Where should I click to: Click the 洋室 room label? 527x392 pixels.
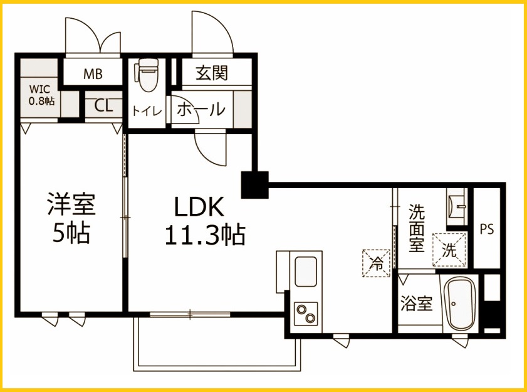[71, 204]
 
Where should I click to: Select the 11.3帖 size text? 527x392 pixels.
[204, 235]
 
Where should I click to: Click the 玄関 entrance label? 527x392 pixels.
[211, 73]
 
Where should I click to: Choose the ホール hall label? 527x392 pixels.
[200, 110]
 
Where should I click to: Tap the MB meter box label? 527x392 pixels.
[93, 73]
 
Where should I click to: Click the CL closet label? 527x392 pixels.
[104, 105]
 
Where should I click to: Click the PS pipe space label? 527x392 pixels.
[487, 229]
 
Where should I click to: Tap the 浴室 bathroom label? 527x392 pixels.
[416, 305]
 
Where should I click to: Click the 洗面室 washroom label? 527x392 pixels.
[417, 228]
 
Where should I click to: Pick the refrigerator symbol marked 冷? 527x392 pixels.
[377, 262]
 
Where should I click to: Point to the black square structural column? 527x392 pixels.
[254, 184]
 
